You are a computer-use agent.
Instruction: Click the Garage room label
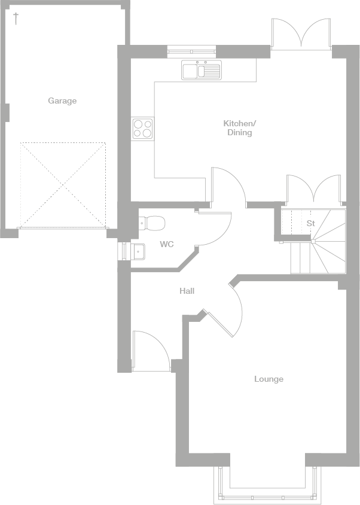62,101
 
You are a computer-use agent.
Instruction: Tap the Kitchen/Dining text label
239,128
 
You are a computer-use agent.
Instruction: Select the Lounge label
269,379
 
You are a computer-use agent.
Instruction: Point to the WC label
166,244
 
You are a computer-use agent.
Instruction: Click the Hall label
187,291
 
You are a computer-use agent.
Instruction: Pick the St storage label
310,223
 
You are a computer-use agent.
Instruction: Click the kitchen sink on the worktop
202,71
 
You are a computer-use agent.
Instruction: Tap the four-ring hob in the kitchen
142,129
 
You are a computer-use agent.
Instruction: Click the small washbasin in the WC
137,251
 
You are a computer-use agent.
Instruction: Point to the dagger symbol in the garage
16,18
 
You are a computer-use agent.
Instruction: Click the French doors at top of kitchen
301,34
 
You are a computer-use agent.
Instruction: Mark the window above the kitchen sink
191,52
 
